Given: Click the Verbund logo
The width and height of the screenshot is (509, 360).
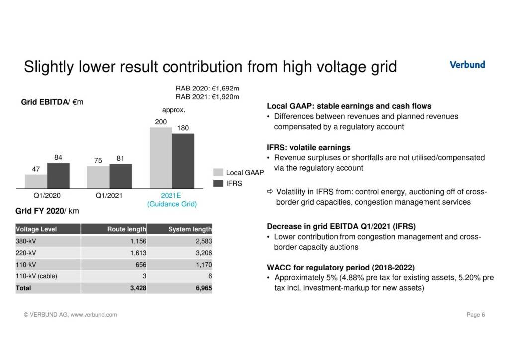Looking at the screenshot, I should click(x=467, y=64).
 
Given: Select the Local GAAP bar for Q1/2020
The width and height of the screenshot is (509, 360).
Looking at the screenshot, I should click(x=36, y=181).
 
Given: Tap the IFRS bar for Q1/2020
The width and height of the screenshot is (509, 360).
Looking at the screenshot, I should click(x=58, y=176).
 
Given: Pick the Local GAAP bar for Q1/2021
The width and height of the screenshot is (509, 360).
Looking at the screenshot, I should click(x=98, y=177).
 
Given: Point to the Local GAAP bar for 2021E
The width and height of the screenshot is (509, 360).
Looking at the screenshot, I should click(x=161, y=158).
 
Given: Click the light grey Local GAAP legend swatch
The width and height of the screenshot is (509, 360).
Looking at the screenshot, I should click(x=218, y=172).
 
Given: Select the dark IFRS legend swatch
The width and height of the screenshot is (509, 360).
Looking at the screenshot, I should click(x=218, y=183).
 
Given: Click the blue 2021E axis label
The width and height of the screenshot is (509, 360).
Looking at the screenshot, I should click(x=171, y=195).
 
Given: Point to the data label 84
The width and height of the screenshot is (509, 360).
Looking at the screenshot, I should click(x=58, y=158).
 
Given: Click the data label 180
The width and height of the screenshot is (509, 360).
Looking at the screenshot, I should click(x=183, y=128).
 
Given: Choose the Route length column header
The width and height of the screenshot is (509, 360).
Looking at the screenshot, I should click(x=126, y=229).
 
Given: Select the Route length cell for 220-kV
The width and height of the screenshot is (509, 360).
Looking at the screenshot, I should click(x=137, y=253).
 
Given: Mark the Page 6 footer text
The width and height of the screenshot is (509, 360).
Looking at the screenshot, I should click(x=476, y=315).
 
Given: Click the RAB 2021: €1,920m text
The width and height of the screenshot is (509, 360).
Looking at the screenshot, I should click(x=207, y=96).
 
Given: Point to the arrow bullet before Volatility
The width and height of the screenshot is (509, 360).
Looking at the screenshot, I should click(x=270, y=192).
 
